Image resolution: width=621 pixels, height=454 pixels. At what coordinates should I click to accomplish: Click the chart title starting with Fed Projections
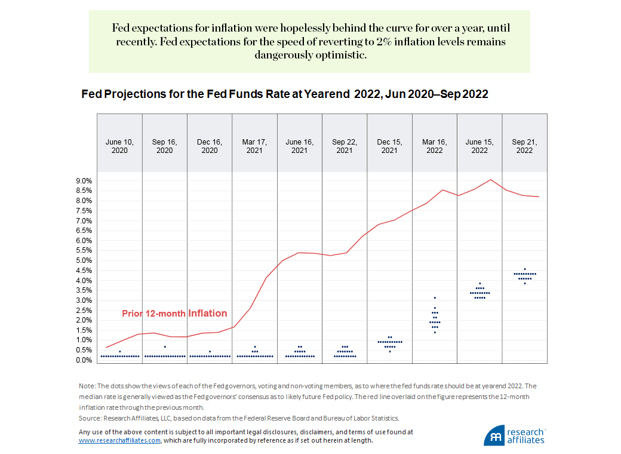point(284,94)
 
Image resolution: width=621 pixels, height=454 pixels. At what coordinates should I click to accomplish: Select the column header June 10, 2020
point(119,146)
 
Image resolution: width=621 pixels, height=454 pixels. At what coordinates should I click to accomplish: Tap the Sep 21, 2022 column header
point(524,146)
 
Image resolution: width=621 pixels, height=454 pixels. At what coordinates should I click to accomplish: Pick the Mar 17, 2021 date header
point(254,146)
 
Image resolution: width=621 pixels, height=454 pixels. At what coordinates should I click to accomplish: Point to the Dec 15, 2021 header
point(389,146)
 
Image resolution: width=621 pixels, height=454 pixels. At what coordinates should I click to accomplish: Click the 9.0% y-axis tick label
point(83,180)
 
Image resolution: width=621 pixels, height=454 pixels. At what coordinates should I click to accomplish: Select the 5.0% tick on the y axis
point(83,260)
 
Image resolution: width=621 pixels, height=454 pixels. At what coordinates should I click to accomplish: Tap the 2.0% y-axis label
point(83,320)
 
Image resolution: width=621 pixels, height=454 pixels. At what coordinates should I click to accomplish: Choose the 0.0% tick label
point(83,360)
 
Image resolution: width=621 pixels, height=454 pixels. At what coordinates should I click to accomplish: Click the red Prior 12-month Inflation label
point(174,313)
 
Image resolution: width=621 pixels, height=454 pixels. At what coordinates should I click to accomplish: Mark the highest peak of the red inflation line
point(490,179)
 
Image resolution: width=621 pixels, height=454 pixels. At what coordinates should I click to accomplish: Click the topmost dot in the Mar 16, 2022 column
point(435,297)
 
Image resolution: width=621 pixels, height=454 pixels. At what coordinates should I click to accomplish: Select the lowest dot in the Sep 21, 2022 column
point(525,283)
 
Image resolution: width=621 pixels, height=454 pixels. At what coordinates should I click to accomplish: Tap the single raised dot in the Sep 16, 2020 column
point(165,347)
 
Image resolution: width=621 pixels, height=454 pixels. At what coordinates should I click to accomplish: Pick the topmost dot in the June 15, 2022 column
point(479,283)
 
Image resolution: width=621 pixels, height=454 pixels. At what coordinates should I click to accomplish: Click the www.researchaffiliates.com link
point(119,440)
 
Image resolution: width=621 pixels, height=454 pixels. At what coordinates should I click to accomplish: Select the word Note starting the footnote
point(86,386)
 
